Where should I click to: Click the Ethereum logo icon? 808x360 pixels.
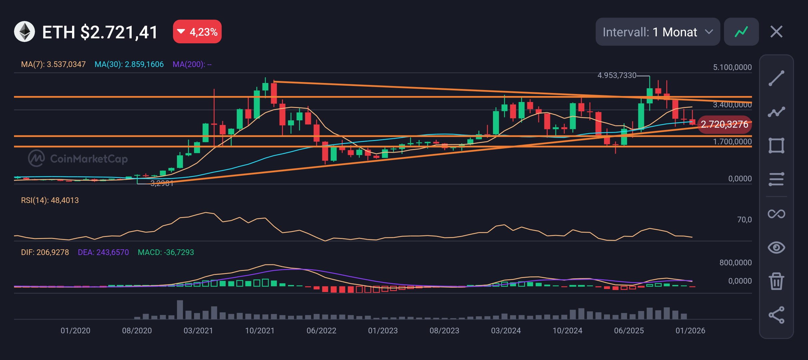24,32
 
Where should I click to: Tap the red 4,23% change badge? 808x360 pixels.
197,32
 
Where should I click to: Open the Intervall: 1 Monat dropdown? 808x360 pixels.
657,32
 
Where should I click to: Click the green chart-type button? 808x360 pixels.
741,32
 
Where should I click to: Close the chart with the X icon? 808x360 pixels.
776,32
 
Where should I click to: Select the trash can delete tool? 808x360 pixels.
776,281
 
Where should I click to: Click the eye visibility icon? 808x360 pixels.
776,247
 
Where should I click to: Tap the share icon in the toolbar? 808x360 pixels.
776,315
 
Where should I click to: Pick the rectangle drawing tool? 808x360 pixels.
776,145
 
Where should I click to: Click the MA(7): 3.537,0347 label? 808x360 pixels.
53,64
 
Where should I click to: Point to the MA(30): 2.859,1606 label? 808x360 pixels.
129,64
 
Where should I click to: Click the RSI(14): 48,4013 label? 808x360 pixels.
50,200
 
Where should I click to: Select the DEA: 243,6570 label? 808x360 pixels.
103,252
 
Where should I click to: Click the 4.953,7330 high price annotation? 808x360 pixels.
617,75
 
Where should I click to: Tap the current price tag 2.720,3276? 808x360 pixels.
724,124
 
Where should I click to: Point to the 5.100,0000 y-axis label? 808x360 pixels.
732,67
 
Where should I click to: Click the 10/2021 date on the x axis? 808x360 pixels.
260,331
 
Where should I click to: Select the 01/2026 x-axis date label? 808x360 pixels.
690,331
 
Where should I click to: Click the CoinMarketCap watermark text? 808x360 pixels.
89,159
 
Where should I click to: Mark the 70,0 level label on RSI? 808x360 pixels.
744,220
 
